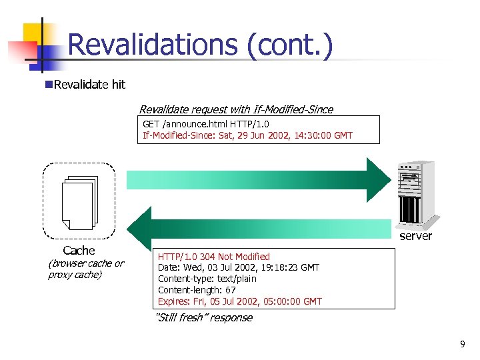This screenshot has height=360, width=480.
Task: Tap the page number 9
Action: click(x=463, y=344)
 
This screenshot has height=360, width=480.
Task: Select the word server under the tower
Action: click(x=415, y=236)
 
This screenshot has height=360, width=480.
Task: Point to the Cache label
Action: click(x=79, y=251)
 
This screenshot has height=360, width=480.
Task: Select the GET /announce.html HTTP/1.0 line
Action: click(x=206, y=124)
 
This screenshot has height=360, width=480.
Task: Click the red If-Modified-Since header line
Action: click(x=247, y=135)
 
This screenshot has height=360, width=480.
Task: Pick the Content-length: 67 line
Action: click(x=197, y=290)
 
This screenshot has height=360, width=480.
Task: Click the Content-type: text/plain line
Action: click(x=207, y=279)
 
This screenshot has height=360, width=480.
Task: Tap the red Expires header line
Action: click(x=239, y=301)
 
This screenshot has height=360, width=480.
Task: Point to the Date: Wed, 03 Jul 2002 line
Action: click(x=238, y=267)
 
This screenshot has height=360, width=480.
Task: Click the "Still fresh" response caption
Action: click(x=203, y=318)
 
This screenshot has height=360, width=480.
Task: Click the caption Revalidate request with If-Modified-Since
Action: click(x=236, y=109)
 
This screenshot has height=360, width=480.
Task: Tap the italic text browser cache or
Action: click(x=86, y=263)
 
